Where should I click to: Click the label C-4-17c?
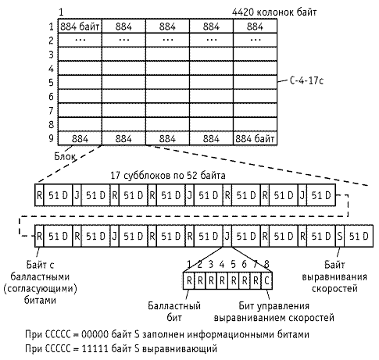(306, 80)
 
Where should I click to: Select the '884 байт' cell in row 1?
(80, 26)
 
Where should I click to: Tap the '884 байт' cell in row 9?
(255, 138)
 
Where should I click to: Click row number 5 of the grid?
(51, 83)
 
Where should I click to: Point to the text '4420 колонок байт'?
(274, 12)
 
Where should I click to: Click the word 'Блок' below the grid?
(65, 156)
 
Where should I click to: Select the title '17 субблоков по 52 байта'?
(168, 176)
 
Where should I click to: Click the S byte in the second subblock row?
(340, 236)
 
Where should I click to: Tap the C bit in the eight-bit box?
(266, 280)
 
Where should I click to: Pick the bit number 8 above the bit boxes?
(266, 264)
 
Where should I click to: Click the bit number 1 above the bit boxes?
(189, 264)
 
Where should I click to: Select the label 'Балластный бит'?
(174, 312)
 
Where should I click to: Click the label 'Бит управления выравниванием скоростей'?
(274, 312)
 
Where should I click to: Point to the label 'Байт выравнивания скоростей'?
(334, 276)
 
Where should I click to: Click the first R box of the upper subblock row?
(39, 195)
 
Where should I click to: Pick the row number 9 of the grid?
(51, 138)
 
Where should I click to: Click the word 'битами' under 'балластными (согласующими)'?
(40, 300)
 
